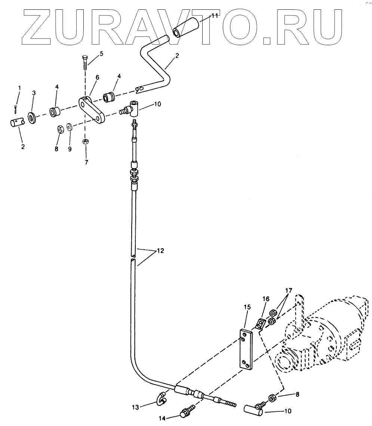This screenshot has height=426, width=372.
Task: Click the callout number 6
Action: pos(97,77)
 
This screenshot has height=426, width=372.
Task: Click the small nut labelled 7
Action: pos(85,142)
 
